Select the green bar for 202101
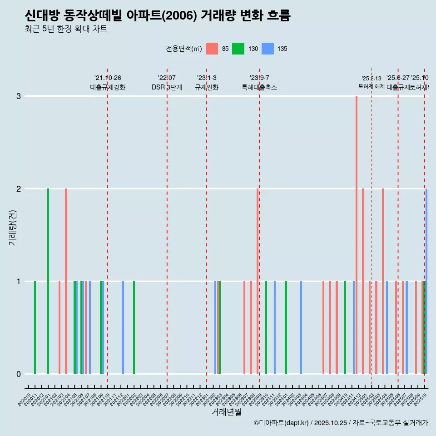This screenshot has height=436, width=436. click(x=48, y=281)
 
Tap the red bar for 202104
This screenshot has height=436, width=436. click(x=66, y=281)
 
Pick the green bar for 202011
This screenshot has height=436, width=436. click(x=35, y=327)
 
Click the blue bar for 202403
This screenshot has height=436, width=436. click(x=301, y=327)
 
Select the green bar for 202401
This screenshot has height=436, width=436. click(x=286, y=327)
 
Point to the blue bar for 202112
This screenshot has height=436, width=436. click(x=123, y=327)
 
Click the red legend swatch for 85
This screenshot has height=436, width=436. click(x=212, y=49)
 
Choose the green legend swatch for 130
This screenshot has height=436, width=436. click(x=238, y=49)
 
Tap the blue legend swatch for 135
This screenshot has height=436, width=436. click(x=269, y=49)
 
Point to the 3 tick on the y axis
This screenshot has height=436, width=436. click(x=19, y=96)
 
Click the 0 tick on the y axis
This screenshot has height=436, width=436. click(x=19, y=374)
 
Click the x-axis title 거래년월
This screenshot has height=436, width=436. click(x=226, y=412)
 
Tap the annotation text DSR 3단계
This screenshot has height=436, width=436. click(x=167, y=87)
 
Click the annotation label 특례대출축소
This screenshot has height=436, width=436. click(x=259, y=87)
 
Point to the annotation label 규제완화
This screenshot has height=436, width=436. click(x=207, y=87)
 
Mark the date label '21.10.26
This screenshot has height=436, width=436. click(x=108, y=78)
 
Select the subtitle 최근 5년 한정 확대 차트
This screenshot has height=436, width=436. click(x=66, y=30)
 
